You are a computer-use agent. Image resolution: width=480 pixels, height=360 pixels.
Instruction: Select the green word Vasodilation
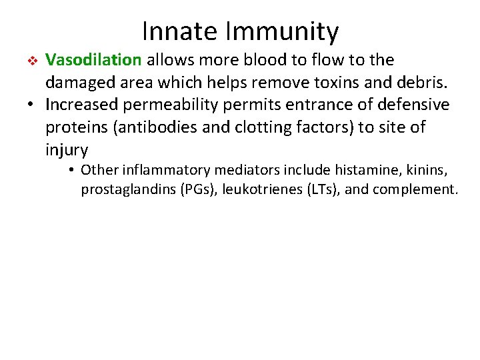point(93,60)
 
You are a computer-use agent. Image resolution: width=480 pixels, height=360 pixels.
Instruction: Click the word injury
point(67,150)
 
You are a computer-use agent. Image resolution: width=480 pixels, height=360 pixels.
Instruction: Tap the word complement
point(415,190)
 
